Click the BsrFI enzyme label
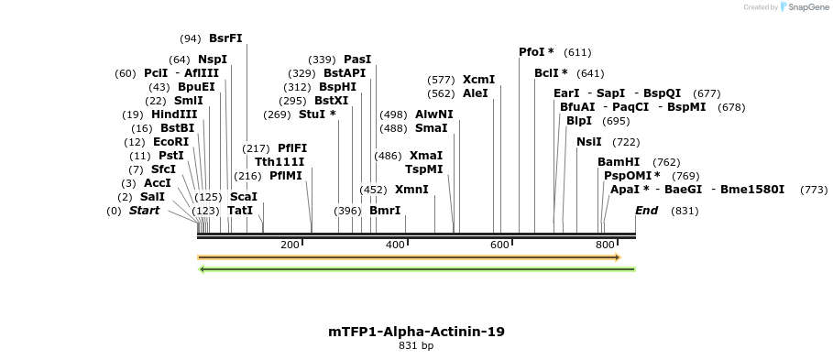tap(225, 38)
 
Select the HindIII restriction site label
tap(174, 115)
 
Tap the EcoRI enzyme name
tap(170, 142)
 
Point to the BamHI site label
tap(619, 162)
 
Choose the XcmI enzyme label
tap(478, 80)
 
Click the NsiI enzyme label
tap(589, 142)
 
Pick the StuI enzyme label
tap(317, 115)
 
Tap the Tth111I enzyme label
tap(279, 162)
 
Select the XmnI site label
tap(411, 190)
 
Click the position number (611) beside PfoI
tap(577, 52)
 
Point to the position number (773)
tap(814, 190)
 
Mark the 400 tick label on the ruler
tap(395, 245)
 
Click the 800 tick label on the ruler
tap(605, 245)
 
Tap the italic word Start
tap(144, 211)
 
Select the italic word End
tap(647, 211)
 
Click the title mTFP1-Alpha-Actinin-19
tap(416, 332)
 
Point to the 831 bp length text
tap(416, 346)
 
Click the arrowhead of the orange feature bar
tap(618, 257)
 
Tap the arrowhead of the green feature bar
tap(203, 269)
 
